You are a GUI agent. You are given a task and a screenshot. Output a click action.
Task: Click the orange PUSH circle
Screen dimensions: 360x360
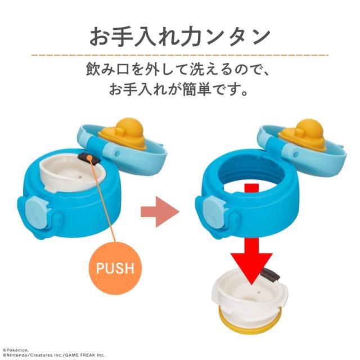click(115, 268)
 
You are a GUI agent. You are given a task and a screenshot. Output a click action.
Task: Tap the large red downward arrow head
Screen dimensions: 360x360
click(251, 268)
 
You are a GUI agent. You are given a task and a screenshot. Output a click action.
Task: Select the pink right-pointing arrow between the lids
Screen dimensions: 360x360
click(160, 211)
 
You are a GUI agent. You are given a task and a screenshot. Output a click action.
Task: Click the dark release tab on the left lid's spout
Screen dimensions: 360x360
click(89, 157)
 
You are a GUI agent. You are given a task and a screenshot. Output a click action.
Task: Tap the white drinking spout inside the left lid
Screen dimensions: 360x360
click(73, 174)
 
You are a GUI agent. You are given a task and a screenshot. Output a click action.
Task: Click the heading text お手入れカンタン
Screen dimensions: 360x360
click(180, 37)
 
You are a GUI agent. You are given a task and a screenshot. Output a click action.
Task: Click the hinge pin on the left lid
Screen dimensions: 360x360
click(116, 153)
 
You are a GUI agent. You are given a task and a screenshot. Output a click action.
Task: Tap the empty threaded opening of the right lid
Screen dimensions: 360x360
click(252, 174)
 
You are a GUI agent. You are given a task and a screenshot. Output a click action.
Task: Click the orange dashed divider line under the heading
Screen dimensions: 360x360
click(180, 55)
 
